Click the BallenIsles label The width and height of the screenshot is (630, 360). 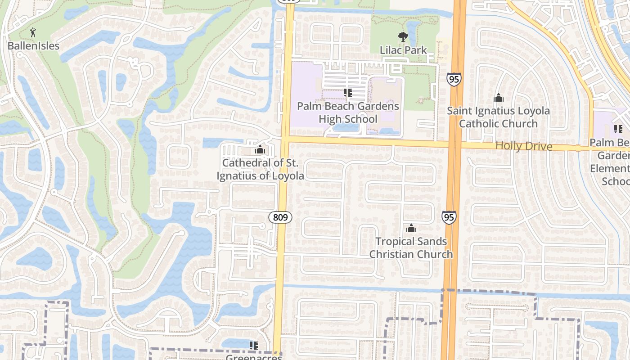33,45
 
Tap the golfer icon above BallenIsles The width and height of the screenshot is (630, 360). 33,32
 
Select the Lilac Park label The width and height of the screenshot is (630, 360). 403,50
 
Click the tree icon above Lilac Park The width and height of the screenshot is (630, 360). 403,37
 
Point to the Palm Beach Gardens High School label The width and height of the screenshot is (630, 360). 348,112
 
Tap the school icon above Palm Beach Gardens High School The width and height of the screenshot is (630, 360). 347,93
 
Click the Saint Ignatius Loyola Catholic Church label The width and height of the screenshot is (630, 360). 498,117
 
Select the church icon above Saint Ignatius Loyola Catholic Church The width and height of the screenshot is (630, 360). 498,98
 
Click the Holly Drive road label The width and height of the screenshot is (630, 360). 524,146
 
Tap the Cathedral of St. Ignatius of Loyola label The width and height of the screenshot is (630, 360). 260,169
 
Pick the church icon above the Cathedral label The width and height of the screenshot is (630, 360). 260,149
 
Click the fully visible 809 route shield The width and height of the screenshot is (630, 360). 280,217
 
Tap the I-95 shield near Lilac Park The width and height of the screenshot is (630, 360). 454,79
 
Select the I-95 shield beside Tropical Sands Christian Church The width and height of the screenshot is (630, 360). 448,217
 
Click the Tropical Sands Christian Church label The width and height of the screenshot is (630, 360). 411,247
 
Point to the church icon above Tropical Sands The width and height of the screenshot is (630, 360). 411,229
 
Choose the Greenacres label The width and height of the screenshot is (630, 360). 253,357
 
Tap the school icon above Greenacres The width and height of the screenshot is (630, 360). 253,345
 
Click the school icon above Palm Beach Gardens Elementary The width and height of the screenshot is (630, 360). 618,129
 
